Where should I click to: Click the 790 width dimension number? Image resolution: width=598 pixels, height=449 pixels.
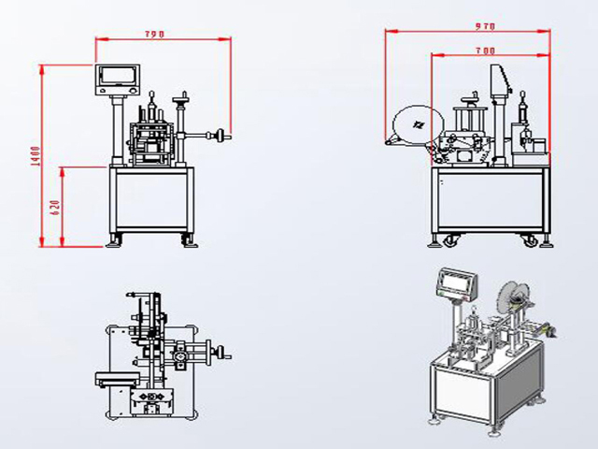point(154,34)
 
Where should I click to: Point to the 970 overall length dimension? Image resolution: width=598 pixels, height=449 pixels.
point(483,27)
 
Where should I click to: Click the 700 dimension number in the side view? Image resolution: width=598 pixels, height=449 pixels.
point(485,49)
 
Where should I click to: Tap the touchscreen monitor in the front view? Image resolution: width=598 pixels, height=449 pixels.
point(119,78)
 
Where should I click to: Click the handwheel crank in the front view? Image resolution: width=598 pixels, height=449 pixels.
point(221,136)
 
